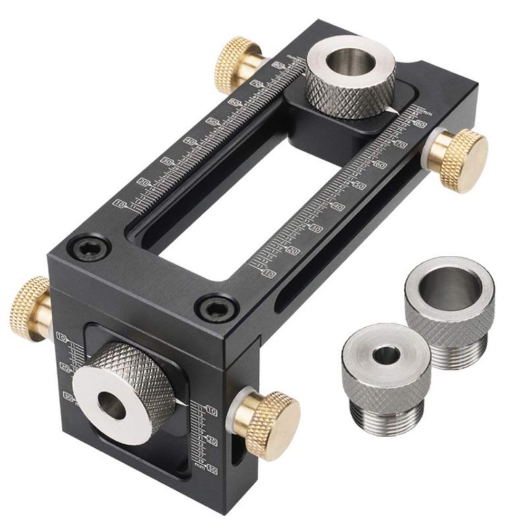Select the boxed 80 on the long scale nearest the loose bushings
421,124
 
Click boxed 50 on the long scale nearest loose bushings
360,186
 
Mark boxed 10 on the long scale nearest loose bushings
269,274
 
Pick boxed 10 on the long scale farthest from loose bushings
120,204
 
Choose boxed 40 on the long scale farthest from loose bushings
189,142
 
